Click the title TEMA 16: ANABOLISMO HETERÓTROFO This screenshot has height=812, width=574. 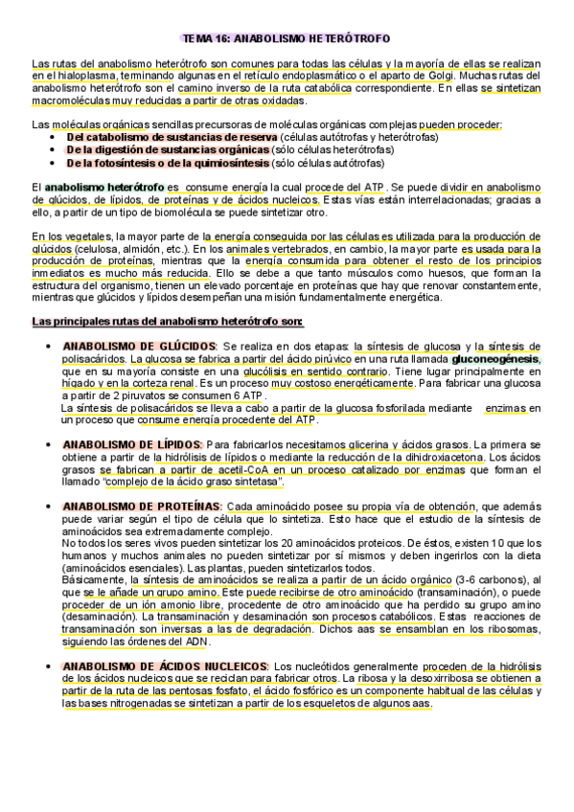287,39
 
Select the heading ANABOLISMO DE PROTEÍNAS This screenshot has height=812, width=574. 143,506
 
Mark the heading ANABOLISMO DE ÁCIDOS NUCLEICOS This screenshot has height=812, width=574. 165,665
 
